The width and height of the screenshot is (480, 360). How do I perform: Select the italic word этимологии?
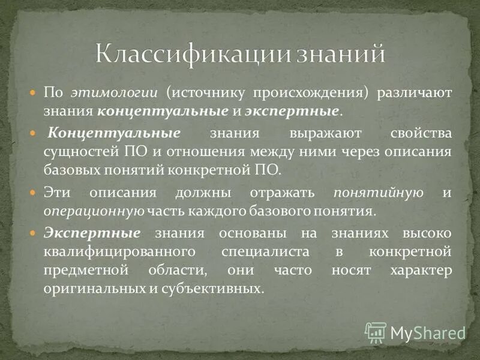[114, 93]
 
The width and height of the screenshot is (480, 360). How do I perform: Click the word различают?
[415, 93]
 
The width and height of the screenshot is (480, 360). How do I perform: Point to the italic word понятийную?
[379, 193]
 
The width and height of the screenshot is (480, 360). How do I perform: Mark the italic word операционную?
[93, 211]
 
